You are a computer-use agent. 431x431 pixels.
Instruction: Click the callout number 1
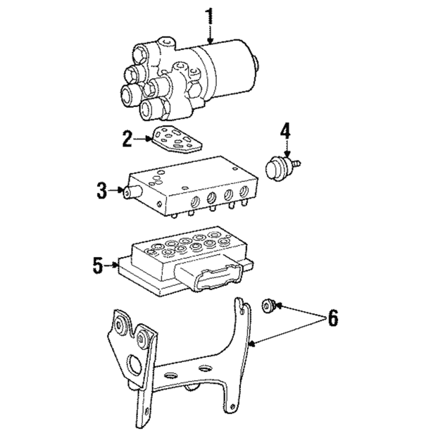208,15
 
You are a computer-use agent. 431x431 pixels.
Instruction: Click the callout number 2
127,139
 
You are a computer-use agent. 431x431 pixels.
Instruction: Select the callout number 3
101,189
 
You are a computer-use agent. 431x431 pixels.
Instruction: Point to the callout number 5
98,265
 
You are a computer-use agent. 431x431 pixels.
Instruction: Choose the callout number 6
333,318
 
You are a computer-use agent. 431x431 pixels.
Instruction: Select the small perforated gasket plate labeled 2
176,143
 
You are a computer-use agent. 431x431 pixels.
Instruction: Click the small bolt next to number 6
268,305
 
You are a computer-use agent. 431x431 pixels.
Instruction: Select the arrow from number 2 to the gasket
143,139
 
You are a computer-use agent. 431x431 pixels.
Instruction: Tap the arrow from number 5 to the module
113,266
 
